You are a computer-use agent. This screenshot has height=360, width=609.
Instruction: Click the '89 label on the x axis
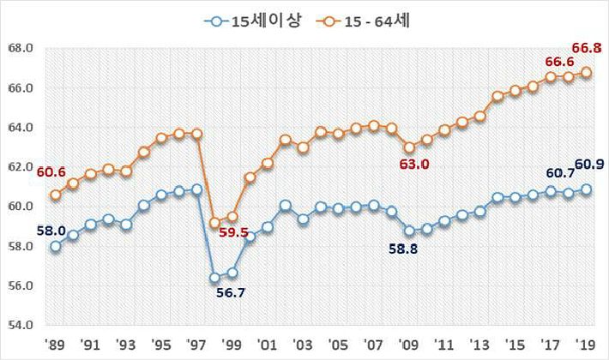click(54, 344)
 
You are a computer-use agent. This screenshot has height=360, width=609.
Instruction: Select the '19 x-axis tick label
click(585, 344)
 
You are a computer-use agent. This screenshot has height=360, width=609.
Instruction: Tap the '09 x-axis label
click(408, 344)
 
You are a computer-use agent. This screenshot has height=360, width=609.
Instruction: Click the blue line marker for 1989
click(56, 246)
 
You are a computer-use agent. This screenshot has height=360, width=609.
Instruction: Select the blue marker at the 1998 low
click(214, 278)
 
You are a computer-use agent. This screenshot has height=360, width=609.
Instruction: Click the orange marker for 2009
click(409, 147)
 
